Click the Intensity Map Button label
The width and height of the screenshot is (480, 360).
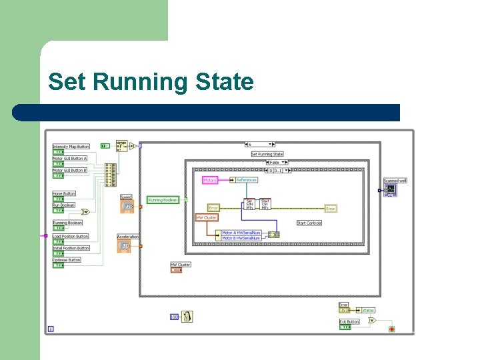tap(71, 147)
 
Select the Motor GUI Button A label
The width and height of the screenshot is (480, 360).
tap(70, 159)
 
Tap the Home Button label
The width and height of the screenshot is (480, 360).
tap(64, 194)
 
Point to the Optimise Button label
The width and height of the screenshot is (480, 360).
tap(67, 260)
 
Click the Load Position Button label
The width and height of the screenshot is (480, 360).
tap(71, 237)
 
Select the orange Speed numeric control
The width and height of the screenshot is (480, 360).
tap(126, 207)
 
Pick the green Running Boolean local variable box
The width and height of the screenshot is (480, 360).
tap(163, 200)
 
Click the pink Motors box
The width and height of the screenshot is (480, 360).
tap(210, 180)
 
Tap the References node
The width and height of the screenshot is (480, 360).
tap(246, 180)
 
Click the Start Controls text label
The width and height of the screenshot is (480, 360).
tap(309, 223)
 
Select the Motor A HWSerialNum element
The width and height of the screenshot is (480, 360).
tap(241, 233)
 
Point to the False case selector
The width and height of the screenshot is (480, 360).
tap(274, 163)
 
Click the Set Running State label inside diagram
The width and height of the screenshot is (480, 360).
tap(267, 154)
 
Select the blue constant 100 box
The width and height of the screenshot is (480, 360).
tap(174, 317)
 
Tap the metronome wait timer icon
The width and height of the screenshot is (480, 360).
tap(188, 317)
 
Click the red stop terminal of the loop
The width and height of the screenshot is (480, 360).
tap(391, 329)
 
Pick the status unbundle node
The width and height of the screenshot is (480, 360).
tap(368, 310)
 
